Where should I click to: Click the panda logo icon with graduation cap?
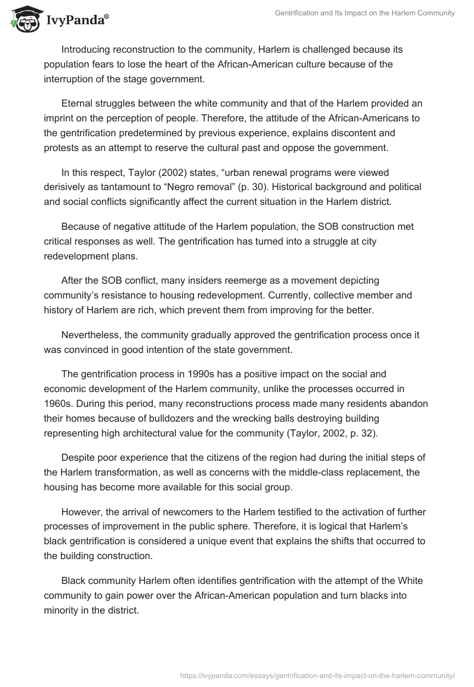pyautogui.click(x=23, y=20)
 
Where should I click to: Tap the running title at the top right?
pyautogui.click(x=365, y=13)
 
